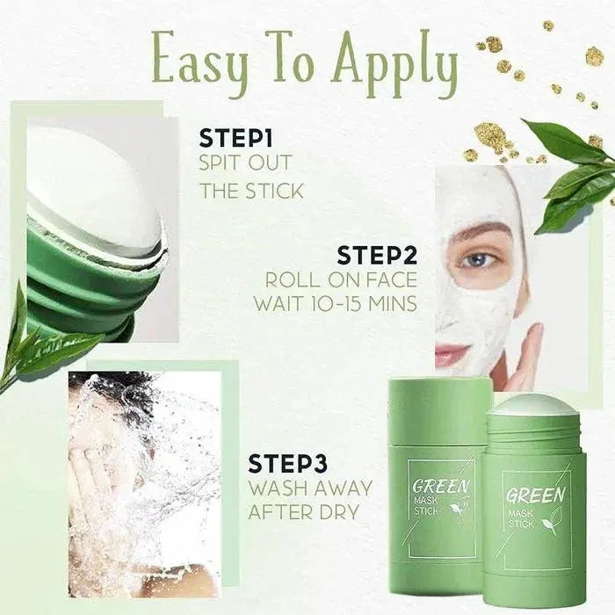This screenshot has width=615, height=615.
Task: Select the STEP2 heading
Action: (377, 255)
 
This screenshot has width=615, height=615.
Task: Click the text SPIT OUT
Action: (244, 163)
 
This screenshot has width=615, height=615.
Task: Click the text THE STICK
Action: (250, 190)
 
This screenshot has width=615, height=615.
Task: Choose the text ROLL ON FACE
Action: (342, 280)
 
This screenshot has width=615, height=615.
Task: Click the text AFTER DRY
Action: (305, 511)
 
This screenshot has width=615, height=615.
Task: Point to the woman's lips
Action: (452, 354)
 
